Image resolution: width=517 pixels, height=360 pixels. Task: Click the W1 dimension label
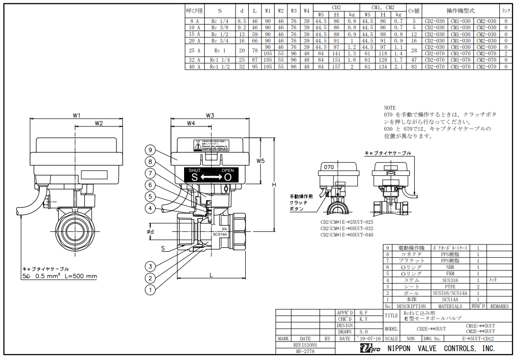(76, 116)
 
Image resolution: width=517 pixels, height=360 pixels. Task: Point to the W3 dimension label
(211, 116)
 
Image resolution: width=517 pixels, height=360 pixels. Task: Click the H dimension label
(275, 184)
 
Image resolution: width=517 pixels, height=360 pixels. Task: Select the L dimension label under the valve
(211, 276)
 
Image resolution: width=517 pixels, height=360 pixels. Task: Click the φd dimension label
(151, 232)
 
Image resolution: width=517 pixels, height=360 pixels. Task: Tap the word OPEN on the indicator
(228, 170)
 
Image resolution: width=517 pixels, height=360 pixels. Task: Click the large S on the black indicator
(194, 177)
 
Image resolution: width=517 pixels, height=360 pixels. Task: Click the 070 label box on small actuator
(329, 167)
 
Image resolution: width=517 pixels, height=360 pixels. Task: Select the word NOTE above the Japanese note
(390, 108)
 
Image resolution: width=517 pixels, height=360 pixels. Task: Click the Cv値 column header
(414, 11)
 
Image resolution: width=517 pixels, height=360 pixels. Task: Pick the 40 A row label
(194, 67)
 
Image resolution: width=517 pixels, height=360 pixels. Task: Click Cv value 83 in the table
(414, 67)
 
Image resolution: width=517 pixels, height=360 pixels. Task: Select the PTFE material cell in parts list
(450, 287)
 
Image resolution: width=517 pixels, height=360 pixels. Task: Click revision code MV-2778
(305, 351)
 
